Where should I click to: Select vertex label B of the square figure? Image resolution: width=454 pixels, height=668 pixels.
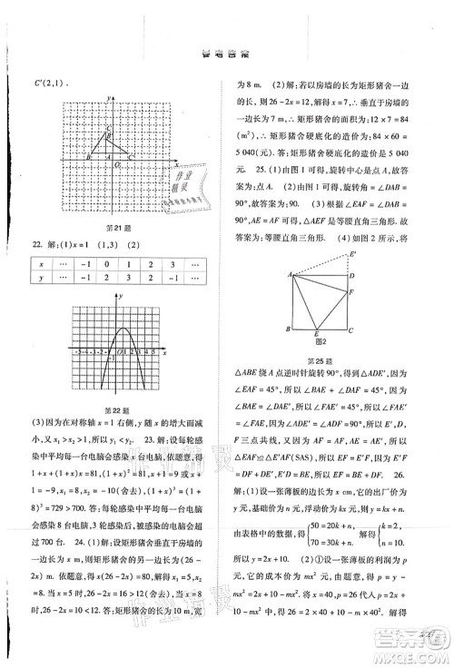(x=289, y=329)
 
